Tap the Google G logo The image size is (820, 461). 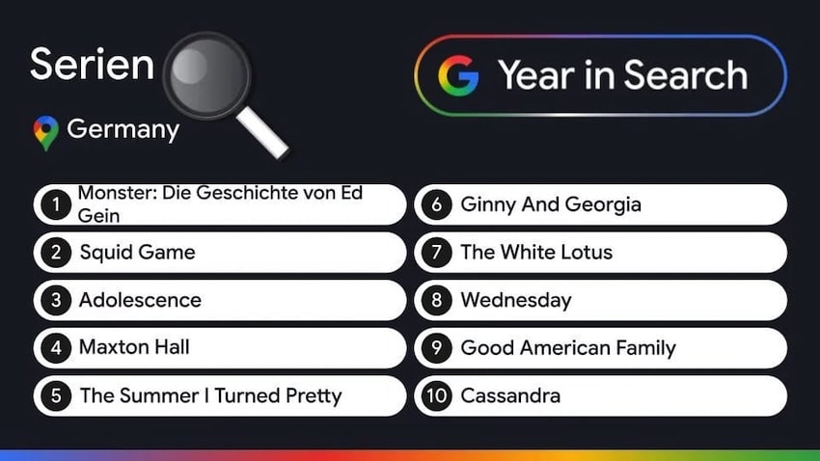[x=458, y=75]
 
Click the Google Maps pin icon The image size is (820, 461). [x=45, y=132]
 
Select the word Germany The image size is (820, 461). [x=123, y=129]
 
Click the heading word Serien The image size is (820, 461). [x=92, y=65]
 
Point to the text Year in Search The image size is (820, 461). [x=622, y=75]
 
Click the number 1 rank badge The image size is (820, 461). [x=57, y=204]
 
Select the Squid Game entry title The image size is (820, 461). [x=137, y=252]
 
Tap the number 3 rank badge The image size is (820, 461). [x=57, y=300]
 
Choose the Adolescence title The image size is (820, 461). [x=140, y=300]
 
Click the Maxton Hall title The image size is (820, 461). [x=134, y=347]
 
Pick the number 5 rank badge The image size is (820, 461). [x=57, y=395]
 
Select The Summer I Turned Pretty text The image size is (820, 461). [x=210, y=395]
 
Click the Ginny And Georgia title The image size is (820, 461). [x=551, y=204]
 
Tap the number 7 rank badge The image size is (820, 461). [x=437, y=253]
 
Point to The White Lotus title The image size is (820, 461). [x=536, y=252]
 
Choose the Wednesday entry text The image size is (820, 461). [x=516, y=300]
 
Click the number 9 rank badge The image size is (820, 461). [x=437, y=348]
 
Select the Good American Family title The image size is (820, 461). [x=568, y=347]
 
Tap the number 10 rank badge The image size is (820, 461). [x=437, y=395]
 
